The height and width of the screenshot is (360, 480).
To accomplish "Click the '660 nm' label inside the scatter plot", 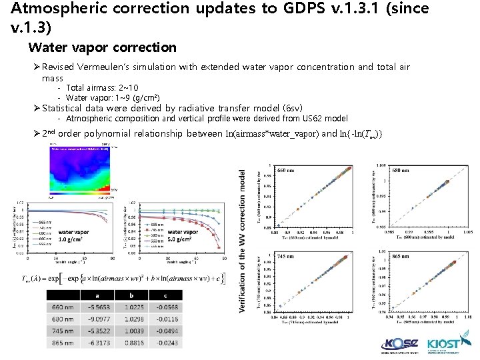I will tap(289, 169).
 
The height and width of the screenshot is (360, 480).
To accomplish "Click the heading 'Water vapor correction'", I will tap(102, 47).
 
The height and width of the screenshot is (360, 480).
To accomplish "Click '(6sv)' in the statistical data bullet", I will tap(291, 108).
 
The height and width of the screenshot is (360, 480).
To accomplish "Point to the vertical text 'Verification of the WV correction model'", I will tap(241, 240).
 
